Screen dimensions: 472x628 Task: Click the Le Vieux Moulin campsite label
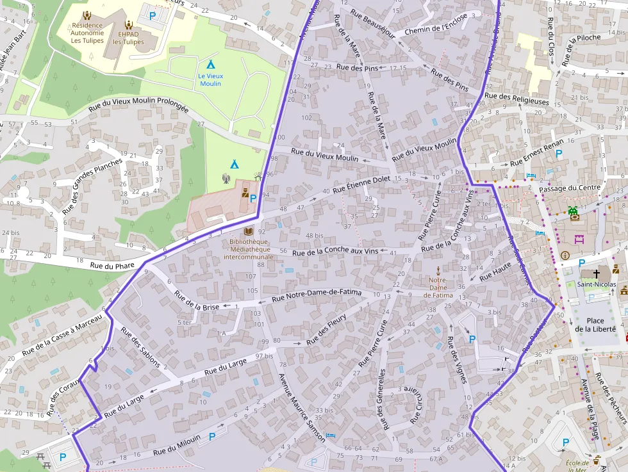pos(210,79)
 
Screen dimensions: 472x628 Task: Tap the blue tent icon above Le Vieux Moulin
pos(210,64)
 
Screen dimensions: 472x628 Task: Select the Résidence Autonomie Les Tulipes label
pos(87,33)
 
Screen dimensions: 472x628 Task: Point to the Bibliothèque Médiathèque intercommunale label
pos(249,248)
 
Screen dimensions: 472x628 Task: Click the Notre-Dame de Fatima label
pos(438,288)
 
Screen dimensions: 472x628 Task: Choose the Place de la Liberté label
pos(595,325)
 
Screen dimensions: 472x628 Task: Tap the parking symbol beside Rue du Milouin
pos(211,435)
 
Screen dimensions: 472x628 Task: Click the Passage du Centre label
pos(569,188)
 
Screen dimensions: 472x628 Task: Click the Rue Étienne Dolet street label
pos(361,184)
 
